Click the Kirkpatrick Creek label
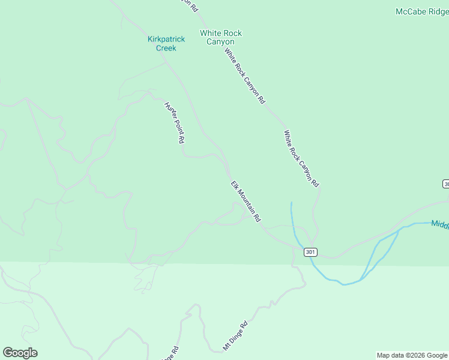pos(166,43)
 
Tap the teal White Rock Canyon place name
pos(220,37)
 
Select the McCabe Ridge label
pos(422,11)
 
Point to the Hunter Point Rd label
pos(174,122)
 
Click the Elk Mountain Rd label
pos(247,202)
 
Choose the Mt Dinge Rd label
pos(235,334)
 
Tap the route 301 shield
pos(310,252)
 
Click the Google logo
pos(20,353)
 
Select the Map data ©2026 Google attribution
pos(412,355)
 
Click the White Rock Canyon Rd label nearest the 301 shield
pos(301,158)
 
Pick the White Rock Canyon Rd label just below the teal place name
pos(244,76)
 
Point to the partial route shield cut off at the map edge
pos(446,183)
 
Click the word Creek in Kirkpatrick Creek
pos(166,48)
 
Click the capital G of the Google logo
pos(8,353)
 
